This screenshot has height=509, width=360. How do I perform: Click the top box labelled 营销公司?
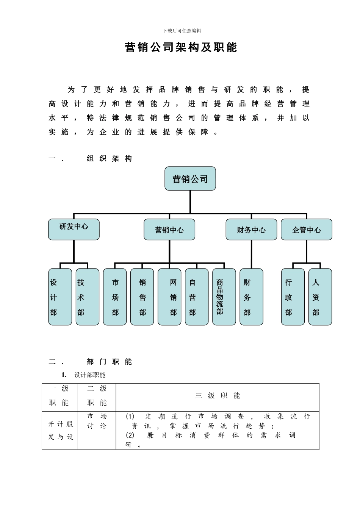(x=190, y=178)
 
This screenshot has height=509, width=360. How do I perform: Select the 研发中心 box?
(x=74, y=229)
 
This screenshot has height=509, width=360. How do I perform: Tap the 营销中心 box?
(x=169, y=230)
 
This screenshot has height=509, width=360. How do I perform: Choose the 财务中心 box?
(x=251, y=230)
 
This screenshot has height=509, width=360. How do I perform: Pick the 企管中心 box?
(x=306, y=230)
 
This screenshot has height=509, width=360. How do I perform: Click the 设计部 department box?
(x=60, y=297)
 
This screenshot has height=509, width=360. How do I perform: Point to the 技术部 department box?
(x=87, y=297)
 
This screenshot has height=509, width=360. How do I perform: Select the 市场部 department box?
(x=115, y=297)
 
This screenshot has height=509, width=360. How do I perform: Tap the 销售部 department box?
(x=142, y=297)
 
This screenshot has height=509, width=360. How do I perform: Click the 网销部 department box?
(x=169, y=297)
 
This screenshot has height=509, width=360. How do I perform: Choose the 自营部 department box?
(x=197, y=297)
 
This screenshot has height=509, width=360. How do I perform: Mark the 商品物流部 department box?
(x=224, y=297)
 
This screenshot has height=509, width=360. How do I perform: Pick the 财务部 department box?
(x=251, y=297)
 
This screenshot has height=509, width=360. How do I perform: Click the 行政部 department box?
(x=293, y=297)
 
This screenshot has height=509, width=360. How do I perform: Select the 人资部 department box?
(x=320, y=297)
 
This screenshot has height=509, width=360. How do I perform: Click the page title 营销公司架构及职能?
(x=181, y=47)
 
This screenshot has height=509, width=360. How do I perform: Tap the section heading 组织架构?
(x=109, y=159)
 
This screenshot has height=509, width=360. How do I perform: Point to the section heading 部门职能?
(x=109, y=362)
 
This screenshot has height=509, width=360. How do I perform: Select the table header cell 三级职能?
(x=218, y=396)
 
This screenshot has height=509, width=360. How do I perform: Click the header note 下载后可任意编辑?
(x=182, y=31)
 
